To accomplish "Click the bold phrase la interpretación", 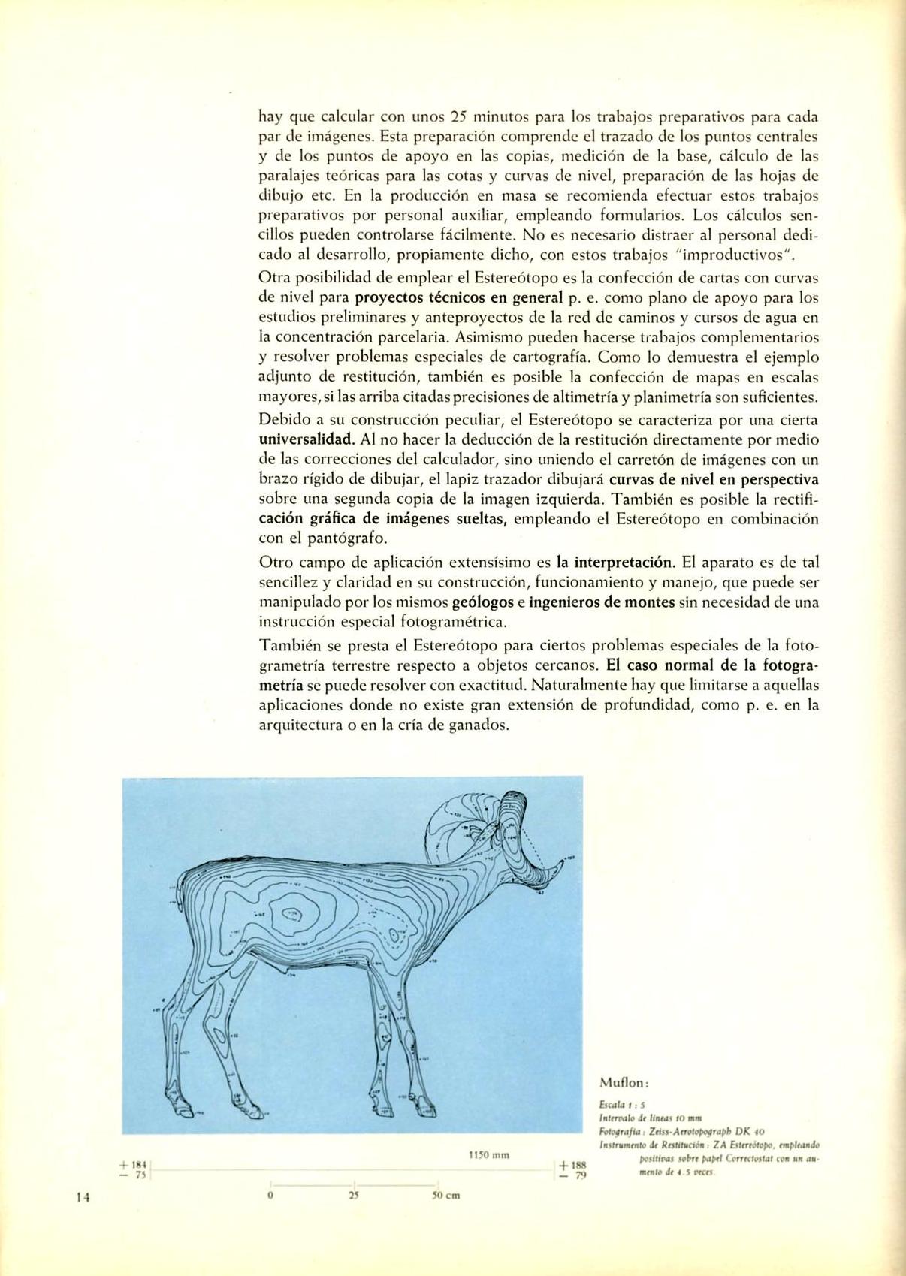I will pos(616,562).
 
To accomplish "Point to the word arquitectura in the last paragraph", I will pos(300,725).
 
